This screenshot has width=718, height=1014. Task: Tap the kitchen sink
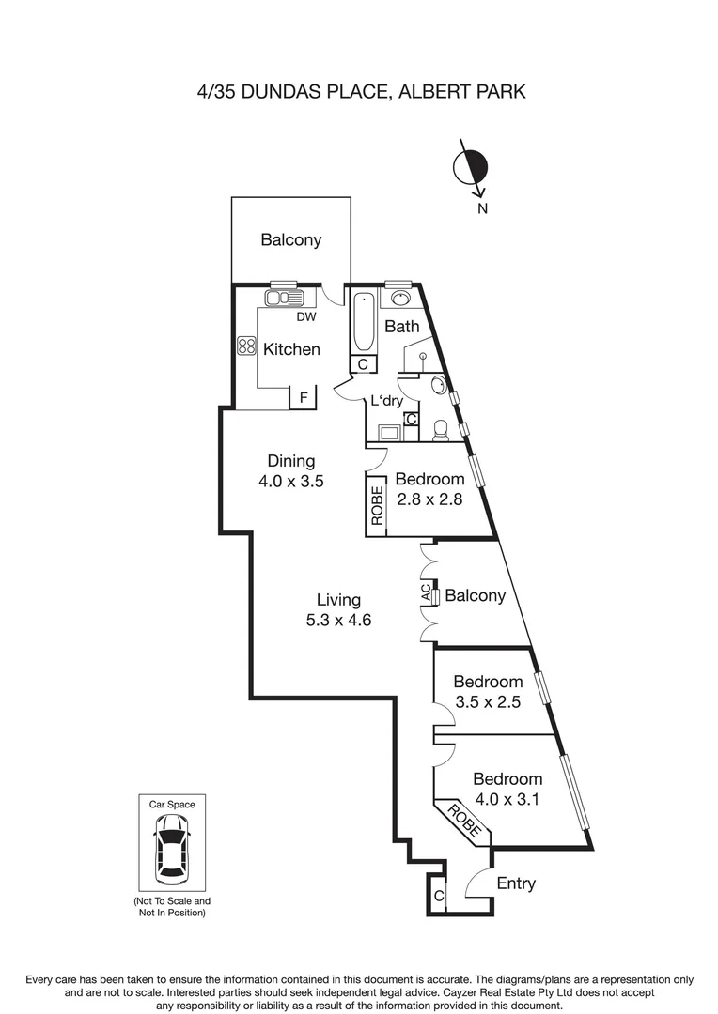pyautogui.click(x=284, y=298)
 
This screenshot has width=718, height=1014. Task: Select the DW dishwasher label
pyautogui.click(x=306, y=317)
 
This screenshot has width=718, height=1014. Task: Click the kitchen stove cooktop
pyautogui.click(x=246, y=346)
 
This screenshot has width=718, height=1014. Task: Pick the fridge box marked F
pyautogui.click(x=303, y=397)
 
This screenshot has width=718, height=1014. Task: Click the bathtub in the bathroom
pyautogui.click(x=363, y=323)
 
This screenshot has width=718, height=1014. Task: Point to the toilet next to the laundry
pyautogui.click(x=440, y=430)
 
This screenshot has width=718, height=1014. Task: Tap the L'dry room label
pyautogui.click(x=386, y=401)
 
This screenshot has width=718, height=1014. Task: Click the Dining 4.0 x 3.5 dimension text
pyautogui.click(x=291, y=481)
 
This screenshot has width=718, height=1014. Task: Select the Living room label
pyautogui.click(x=338, y=599)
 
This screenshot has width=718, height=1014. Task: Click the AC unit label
pyautogui.click(x=426, y=596)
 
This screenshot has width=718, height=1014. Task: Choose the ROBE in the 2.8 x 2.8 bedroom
pyautogui.click(x=377, y=506)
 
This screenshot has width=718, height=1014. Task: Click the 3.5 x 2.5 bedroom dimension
pyautogui.click(x=488, y=701)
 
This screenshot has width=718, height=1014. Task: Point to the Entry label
pyautogui.click(x=516, y=883)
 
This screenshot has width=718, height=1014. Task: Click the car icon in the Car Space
pyautogui.click(x=172, y=850)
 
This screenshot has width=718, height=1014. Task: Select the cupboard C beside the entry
pyautogui.click(x=438, y=896)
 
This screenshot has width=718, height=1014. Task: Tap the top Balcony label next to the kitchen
pyautogui.click(x=291, y=240)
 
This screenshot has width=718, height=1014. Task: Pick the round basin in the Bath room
pyautogui.click(x=401, y=299)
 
